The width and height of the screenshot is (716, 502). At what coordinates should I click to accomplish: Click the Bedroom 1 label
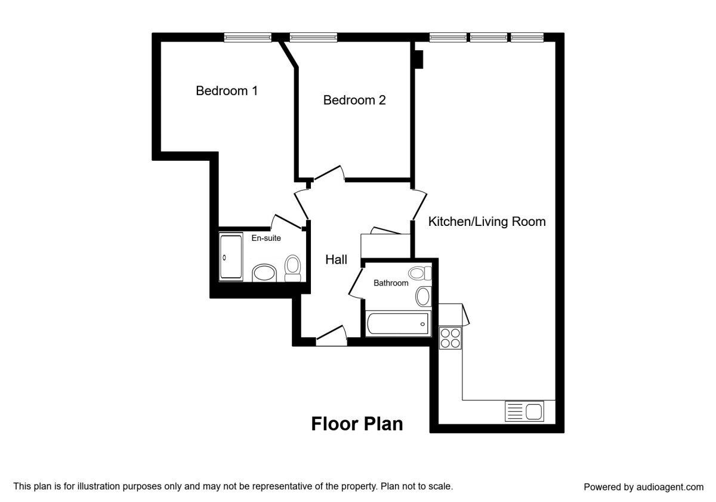pyautogui.click(x=227, y=91)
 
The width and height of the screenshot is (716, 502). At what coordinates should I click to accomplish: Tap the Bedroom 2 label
pyautogui.click(x=354, y=100)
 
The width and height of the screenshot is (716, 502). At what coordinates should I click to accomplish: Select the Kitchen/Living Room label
pyautogui.click(x=487, y=222)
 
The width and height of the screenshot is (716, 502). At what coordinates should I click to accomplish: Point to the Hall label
pyautogui.click(x=337, y=259)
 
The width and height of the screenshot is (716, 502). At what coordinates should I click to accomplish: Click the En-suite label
pyautogui.click(x=266, y=238)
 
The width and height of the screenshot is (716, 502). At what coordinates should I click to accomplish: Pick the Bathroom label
pyautogui.click(x=391, y=283)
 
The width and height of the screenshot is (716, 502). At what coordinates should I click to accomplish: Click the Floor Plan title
pyautogui.click(x=357, y=424)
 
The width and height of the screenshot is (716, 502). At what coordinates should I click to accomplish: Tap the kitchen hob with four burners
pyautogui.click(x=450, y=338)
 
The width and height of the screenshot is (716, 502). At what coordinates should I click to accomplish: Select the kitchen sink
pyautogui.click(x=524, y=411)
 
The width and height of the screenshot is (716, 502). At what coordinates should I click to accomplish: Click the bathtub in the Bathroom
pyautogui.click(x=398, y=324)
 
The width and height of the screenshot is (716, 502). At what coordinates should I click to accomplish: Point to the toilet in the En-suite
pyautogui.click(x=292, y=268)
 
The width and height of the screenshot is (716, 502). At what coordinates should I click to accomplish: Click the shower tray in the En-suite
pyautogui.click(x=231, y=257)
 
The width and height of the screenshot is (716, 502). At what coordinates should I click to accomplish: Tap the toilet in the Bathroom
pyautogui.click(x=419, y=273)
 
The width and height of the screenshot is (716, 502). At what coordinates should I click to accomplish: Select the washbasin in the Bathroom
pyautogui.click(x=423, y=296)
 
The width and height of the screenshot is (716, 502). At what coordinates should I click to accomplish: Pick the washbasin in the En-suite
pyautogui.click(x=264, y=273)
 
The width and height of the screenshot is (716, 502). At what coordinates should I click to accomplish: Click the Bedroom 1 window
pyautogui.click(x=248, y=38)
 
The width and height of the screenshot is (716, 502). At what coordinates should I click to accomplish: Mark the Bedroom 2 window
pyautogui.click(x=313, y=38)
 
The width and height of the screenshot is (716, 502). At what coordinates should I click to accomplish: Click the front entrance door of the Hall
pyautogui.click(x=332, y=336)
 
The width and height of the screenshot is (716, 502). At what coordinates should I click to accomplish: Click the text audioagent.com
pyautogui.click(x=670, y=487)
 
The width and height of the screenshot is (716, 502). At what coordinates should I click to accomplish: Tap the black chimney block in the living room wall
pyautogui.click(x=419, y=59)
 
